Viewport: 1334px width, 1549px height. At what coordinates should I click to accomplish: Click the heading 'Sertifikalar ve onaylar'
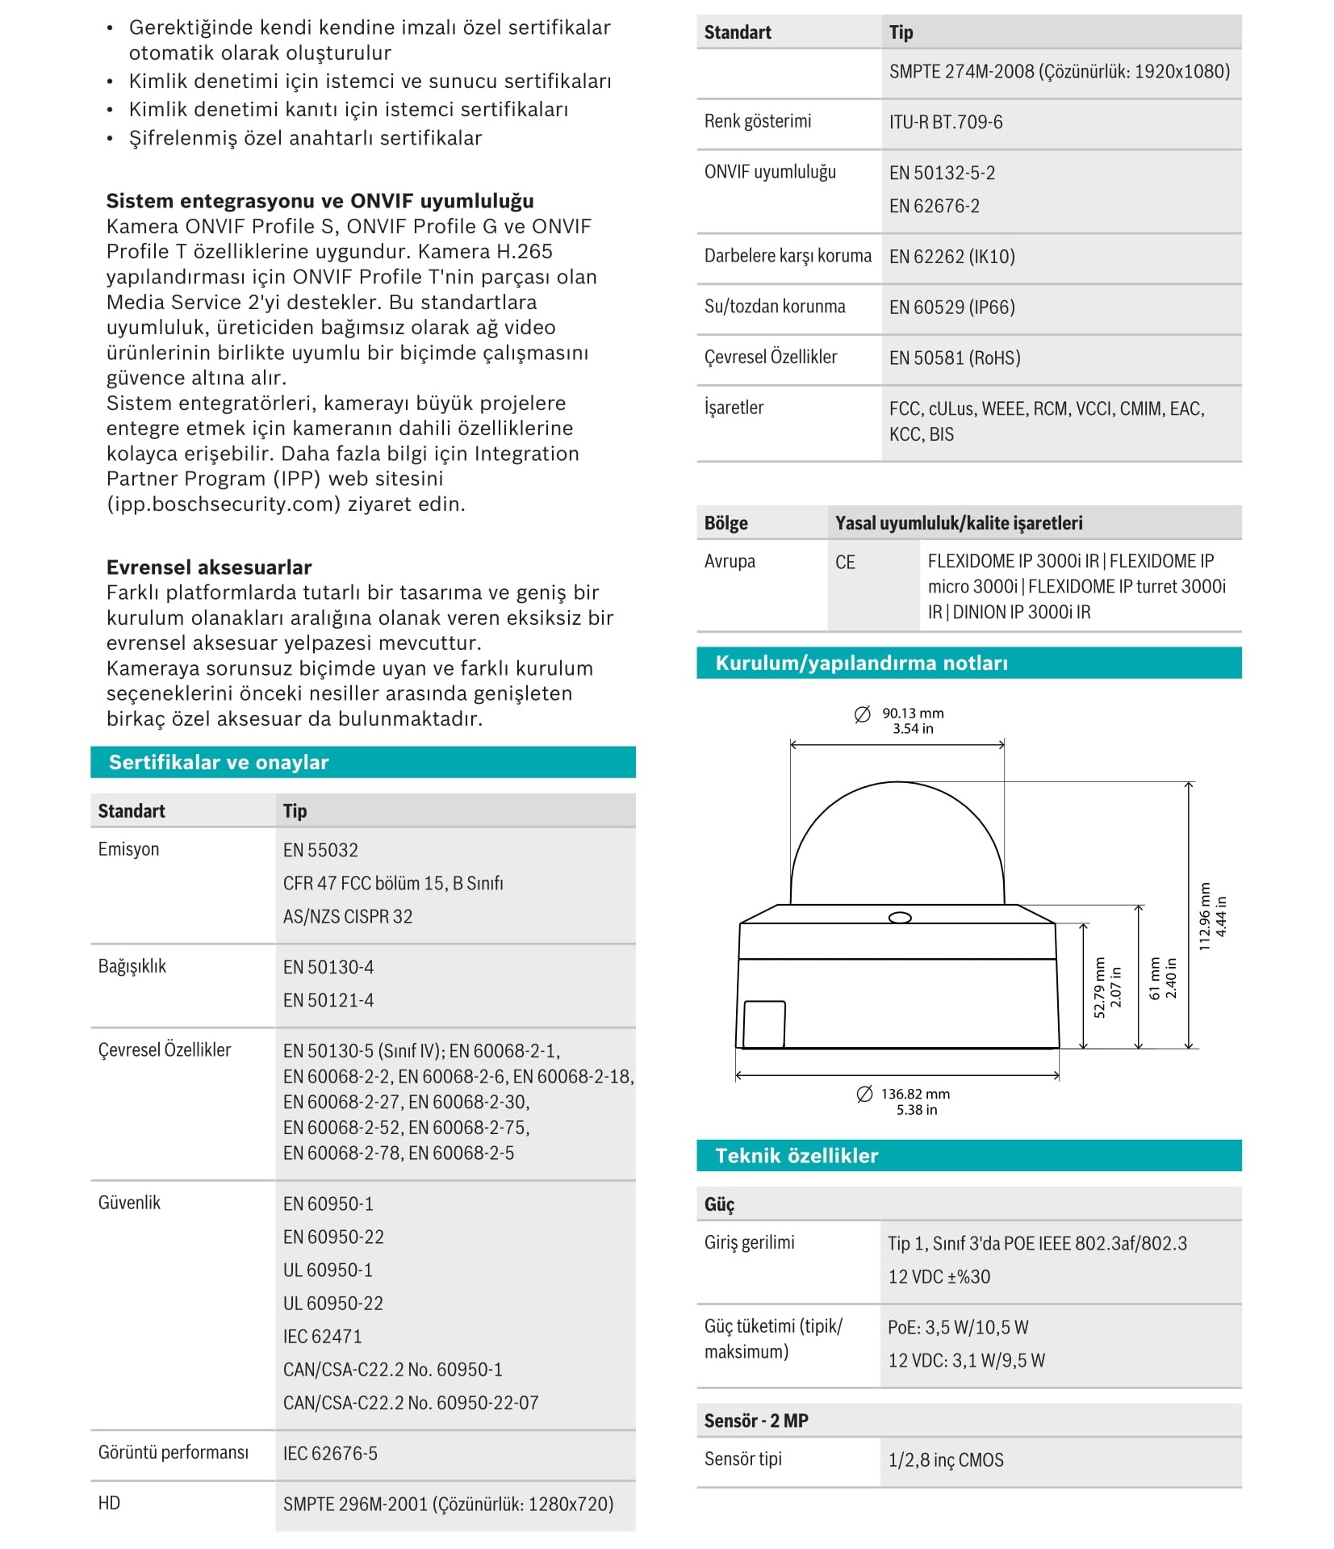click(x=219, y=762)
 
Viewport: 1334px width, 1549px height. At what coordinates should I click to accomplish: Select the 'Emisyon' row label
click(x=128, y=849)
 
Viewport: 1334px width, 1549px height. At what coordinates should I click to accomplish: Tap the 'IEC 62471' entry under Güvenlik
click(x=322, y=1336)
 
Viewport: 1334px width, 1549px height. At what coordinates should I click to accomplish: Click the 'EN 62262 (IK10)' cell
click(x=951, y=257)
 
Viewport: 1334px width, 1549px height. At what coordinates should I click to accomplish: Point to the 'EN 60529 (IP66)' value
click(x=951, y=308)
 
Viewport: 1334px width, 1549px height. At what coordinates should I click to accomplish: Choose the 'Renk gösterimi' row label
click(x=757, y=121)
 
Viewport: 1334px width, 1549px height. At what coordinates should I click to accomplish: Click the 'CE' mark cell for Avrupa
click(x=845, y=563)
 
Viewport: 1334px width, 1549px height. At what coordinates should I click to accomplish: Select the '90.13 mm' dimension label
click(x=912, y=714)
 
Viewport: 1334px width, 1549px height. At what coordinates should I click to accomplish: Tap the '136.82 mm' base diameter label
click(x=914, y=1095)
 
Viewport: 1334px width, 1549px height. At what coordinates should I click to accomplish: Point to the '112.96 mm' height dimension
click(x=1205, y=916)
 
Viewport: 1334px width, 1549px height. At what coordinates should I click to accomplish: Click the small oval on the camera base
click(x=899, y=918)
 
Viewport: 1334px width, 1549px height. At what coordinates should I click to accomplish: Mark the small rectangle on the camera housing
click(x=763, y=1024)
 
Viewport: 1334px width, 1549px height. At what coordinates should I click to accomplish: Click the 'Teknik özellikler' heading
click(x=797, y=1156)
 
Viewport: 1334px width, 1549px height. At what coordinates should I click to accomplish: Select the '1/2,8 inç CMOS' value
click(x=946, y=1460)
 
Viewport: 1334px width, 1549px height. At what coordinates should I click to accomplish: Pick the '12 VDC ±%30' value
click(x=939, y=1277)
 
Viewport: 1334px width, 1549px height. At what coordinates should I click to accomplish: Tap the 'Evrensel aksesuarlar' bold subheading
click(x=209, y=567)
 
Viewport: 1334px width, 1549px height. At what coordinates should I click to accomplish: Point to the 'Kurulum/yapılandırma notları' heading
click(x=861, y=664)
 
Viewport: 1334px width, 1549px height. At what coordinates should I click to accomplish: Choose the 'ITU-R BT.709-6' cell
click(x=946, y=123)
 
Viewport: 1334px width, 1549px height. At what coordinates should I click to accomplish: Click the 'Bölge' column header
click(x=726, y=523)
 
